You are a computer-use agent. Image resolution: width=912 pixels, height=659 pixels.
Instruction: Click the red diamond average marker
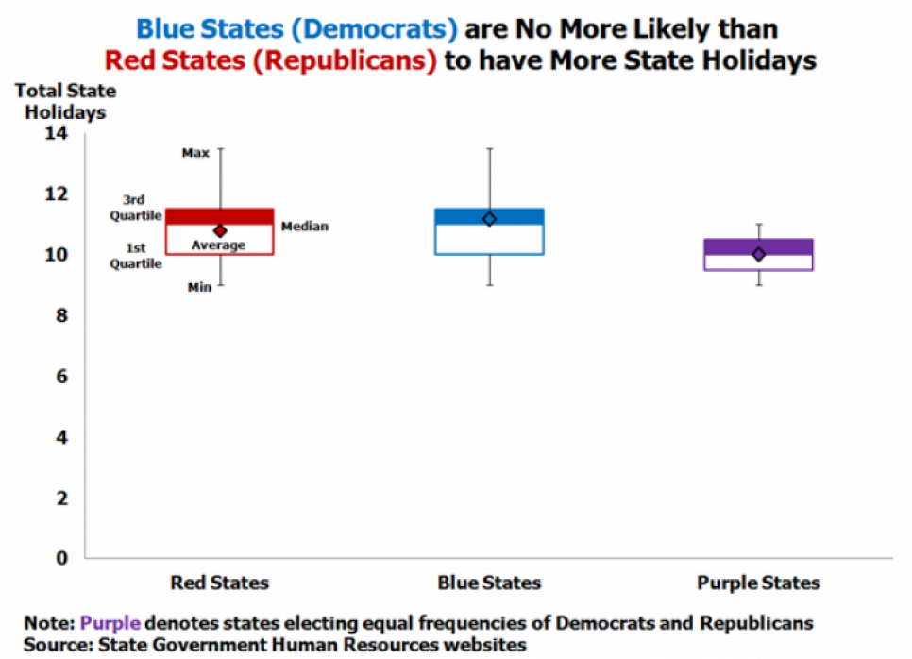point(220,231)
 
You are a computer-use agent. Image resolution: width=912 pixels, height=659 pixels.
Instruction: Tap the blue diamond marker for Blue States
point(489,219)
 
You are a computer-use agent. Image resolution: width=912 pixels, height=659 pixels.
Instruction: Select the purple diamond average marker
point(758,254)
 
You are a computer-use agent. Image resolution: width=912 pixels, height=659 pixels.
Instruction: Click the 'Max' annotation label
point(195,153)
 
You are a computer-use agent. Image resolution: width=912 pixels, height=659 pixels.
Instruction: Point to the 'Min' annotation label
point(199,287)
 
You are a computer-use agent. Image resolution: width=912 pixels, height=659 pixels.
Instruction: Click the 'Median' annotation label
point(305,227)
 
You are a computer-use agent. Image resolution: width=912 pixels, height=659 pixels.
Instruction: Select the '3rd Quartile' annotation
point(136,208)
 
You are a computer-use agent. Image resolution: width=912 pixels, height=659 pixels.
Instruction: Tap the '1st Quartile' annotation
point(136,256)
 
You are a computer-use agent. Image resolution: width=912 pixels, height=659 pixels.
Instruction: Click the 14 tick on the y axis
point(57,133)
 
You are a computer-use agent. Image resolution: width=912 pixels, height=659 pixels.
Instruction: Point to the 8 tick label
point(61,315)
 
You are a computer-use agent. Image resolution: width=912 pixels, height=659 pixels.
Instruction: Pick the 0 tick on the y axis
point(61,558)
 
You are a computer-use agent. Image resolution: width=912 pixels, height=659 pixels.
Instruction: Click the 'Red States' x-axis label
point(219,583)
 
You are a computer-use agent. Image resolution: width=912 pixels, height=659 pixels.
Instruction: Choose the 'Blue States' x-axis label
point(489,583)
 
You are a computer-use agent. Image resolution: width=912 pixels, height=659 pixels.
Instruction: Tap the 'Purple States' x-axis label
point(758,583)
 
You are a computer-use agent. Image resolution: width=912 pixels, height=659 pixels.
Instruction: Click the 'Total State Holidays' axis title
point(65,101)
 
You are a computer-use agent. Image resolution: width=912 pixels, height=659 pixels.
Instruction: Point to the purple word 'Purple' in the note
point(110,623)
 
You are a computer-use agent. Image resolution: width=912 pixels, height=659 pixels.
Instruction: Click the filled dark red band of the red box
point(219,216)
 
